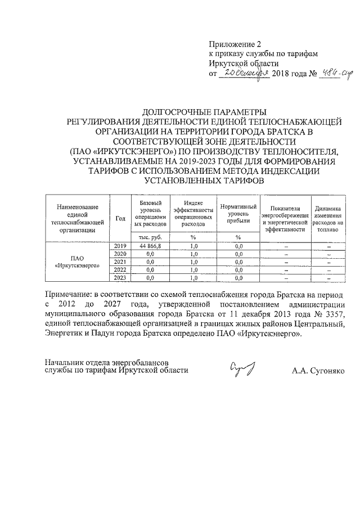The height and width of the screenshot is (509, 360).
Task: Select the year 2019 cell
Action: pos(120,246)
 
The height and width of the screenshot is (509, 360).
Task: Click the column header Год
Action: pos(120,218)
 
